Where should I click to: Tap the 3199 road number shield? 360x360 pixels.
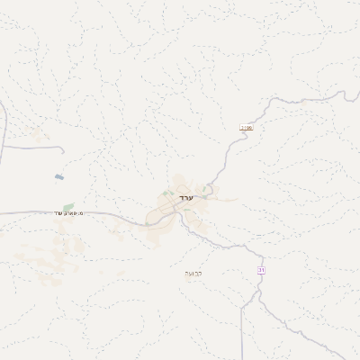[x=246, y=128]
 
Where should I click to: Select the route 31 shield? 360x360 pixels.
[x=261, y=270]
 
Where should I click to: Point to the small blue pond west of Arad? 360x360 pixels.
[x=59, y=177]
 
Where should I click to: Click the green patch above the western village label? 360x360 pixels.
[x=67, y=207]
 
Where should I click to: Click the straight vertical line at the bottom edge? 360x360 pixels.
[x=241, y=333]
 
